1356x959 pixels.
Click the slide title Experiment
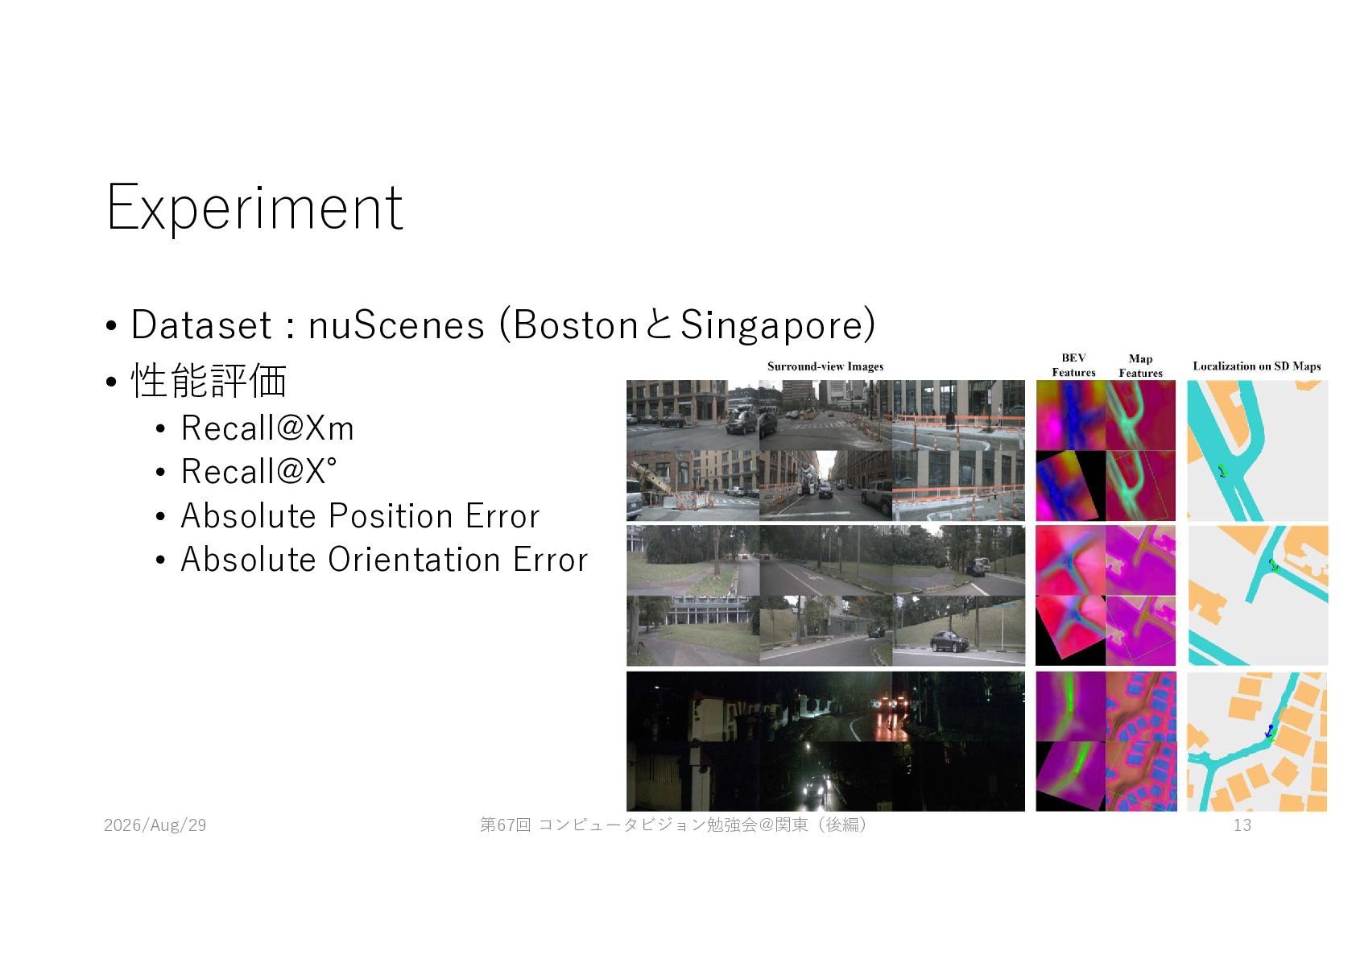click(x=254, y=209)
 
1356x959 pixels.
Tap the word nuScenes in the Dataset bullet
click(x=396, y=324)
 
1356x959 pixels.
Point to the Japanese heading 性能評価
click(x=209, y=381)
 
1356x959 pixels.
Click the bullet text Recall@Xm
click(x=267, y=428)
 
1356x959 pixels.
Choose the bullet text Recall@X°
click(x=258, y=471)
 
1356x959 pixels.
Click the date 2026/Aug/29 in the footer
click(x=155, y=825)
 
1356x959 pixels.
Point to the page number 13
click(x=1242, y=825)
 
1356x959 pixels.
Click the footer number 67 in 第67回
click(x=505, y=825)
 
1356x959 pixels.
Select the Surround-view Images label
click(x=825, y=366)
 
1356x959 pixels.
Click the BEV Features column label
click(x=1073, y=365)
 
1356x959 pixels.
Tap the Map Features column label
click(x=1140, y=366)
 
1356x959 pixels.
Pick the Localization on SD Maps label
click(x=1257, y=366)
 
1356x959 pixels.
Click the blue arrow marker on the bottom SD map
click(x=1269, y=731)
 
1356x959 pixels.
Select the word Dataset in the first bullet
click(x=201, y=324)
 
